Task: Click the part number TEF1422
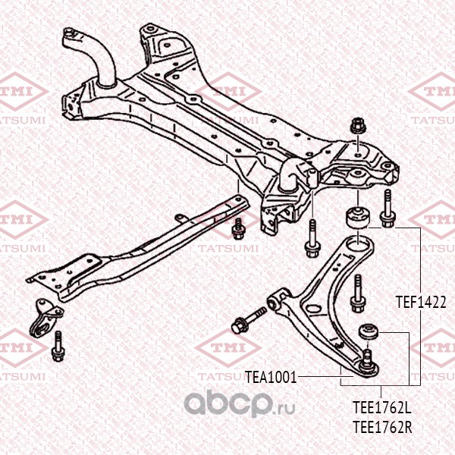pos(421,302)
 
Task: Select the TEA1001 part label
pos(271,377)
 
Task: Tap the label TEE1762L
pos(382,407)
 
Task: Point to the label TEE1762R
pos(382,427)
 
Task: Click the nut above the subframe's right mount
pos(359,126)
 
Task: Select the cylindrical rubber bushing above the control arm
pos(357,217)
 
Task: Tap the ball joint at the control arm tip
pos(369,366)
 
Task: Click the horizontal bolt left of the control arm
pos(249,320)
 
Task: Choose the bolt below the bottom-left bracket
pos(58,347)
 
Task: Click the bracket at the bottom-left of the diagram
pos(44,318)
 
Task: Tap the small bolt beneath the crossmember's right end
pos(238,228)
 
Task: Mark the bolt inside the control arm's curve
pos(358,293)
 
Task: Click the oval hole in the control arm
pos(313,309)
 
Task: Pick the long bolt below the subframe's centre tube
pos(312,239)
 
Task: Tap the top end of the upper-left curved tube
pos(70,33)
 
